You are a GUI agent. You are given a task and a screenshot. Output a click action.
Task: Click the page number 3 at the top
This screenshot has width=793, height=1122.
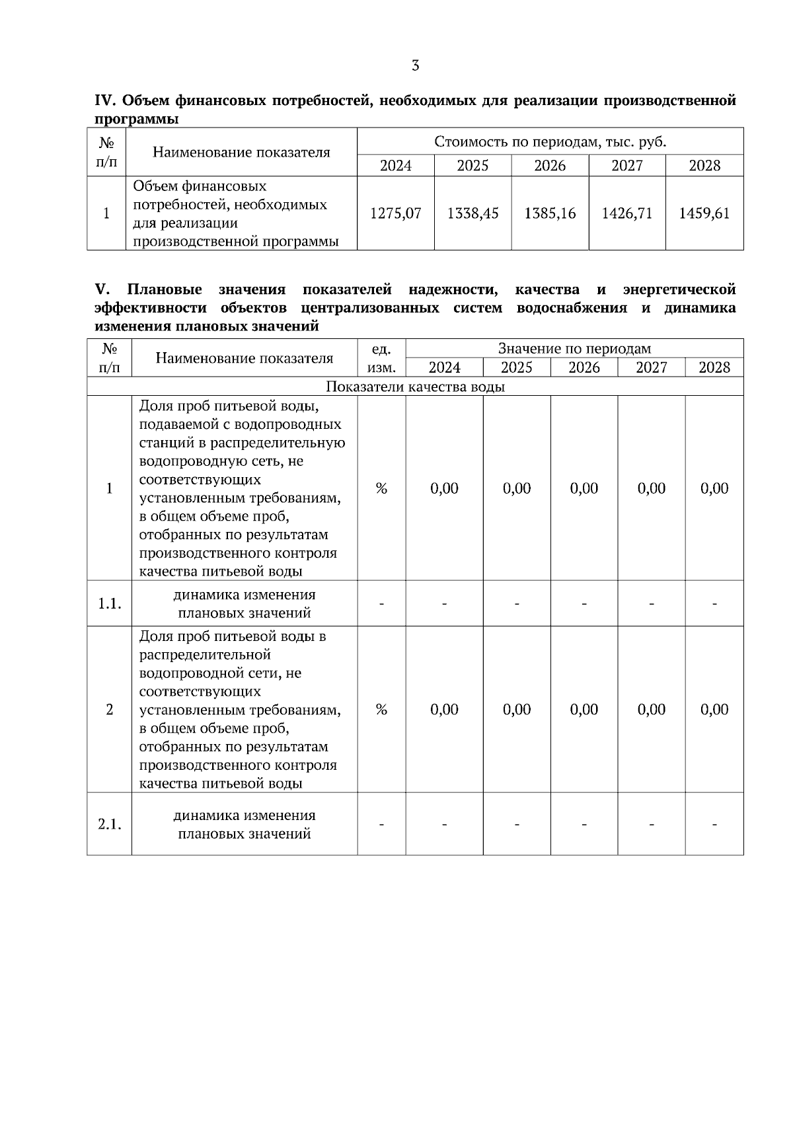click(x=415, y=65)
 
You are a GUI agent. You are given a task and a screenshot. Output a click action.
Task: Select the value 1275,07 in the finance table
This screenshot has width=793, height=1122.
click(x=395, y=213)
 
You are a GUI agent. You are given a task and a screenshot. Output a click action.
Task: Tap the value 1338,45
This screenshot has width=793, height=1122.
click(x=472, y=213)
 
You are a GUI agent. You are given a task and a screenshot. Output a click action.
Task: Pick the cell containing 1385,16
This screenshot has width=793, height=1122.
click(x=550, y=213)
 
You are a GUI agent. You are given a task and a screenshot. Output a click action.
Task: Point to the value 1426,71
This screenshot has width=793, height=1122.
click(x=626, y=213)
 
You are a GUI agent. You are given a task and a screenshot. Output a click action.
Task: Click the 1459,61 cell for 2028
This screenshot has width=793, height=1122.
click(x=704, y=213)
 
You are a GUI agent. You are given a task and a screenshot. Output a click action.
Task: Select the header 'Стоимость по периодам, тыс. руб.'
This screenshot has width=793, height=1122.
click(x=550, y=142)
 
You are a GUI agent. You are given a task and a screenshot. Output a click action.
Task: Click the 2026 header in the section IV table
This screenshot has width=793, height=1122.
click(x=550, y=166)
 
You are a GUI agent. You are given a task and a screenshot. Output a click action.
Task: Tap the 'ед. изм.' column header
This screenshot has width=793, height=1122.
click(x=381, y=358)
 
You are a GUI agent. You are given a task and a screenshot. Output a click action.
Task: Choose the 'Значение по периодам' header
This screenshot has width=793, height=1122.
click(x=574, y=349)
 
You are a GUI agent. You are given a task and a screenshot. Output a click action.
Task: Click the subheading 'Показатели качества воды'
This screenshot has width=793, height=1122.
click(x=415, y=387)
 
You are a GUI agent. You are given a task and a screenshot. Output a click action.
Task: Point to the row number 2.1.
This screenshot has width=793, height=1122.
click(x=110, y=825)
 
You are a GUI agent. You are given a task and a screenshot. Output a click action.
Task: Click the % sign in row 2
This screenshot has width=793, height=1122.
click(x=381, y=710)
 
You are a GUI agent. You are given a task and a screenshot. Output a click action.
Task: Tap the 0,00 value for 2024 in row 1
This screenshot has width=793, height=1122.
click(x=444, y=489)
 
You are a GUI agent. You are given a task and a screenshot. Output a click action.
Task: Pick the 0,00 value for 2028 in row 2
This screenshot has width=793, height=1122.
click(x=714, y=710)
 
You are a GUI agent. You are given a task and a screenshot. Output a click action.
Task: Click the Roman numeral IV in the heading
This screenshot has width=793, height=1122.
click(x=106, y=101)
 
